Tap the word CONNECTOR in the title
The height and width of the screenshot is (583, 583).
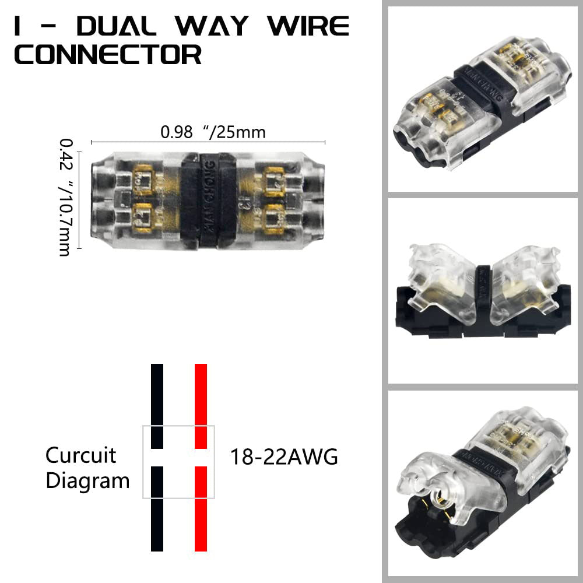tap(108, 55)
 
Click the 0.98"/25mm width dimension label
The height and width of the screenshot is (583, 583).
tap(213, 132)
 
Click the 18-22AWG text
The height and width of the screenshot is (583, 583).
tap(284, 457)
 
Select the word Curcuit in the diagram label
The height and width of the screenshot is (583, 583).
tap(81, 455)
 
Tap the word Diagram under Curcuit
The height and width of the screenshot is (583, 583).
tap(87, 481)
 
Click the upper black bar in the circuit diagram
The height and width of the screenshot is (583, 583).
tap(157, 406)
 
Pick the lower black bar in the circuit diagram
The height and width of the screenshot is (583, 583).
tap(157, 508)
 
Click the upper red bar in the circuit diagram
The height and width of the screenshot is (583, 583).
tap(201, 406)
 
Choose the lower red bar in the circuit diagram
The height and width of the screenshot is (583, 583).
tap(201, 508)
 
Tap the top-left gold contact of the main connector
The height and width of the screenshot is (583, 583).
tap(144, 178)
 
